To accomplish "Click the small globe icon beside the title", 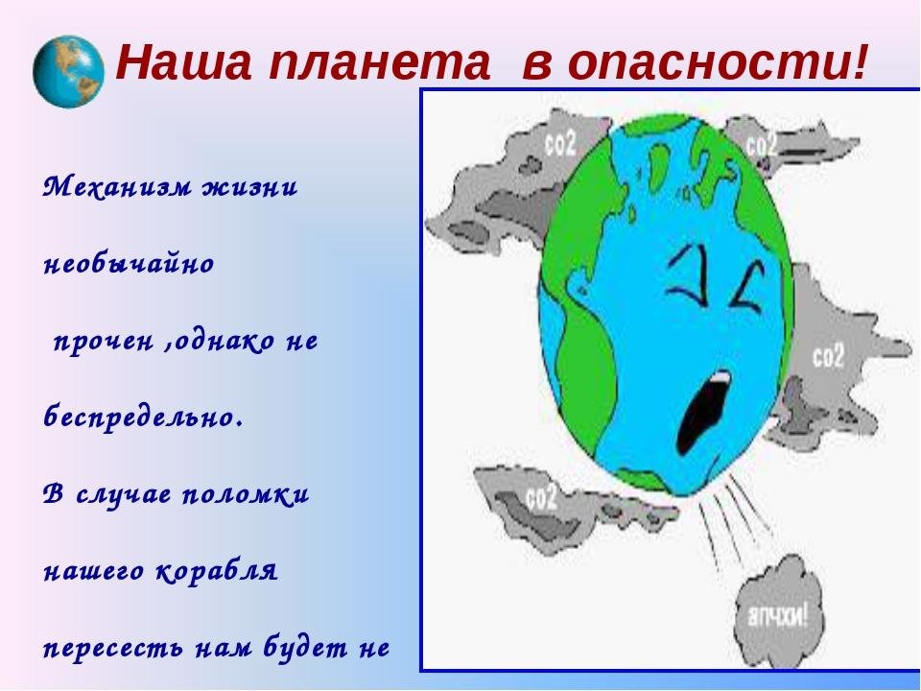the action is pyautogui.click(x=69, y=72).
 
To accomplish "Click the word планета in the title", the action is pyautogui.click(x=380, y=62).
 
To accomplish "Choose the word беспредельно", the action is pyautogui.click(x=143, y=417).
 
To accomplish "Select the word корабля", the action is pyautogui.click(x=217, y=570).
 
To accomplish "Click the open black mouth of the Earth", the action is pyautogui.click(x=702, y=412).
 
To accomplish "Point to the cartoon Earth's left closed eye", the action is pyautogui.click(x=689, y=274).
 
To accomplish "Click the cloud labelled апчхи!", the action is pyautogui.click(x=778, y=617).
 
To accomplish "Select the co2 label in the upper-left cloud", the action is pyautogui.click(x=560, y=144).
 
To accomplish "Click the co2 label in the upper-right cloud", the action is pyautogui.click(x=762, y=144).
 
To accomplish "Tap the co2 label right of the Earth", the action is pyautogui.click(x=828, y=355).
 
